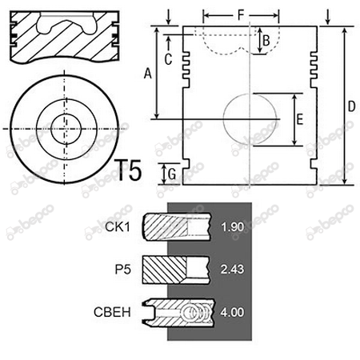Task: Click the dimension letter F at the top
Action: click(x=241, y=15)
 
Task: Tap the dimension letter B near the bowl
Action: click(x=266, y=41)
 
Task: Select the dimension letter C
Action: click(x=168, y=59)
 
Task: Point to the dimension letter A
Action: click(x=148, y=74)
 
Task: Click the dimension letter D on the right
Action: click(x=352, y=106)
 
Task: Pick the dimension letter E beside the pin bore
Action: click(x=300, y=119)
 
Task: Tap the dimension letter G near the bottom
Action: click(x=172, y=174)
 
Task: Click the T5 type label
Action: click(x=128, y=170)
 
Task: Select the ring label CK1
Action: click(x=118, y=227)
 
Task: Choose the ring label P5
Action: click(x=123, y=270)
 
